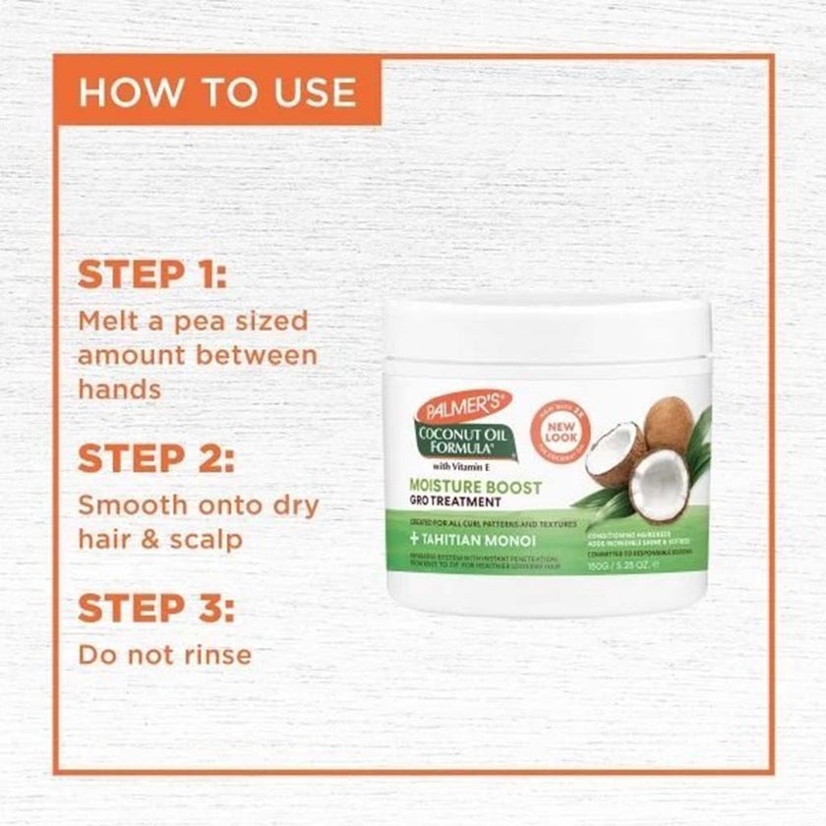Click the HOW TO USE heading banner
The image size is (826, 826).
[217, 91]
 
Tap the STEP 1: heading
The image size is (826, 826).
[153, 275]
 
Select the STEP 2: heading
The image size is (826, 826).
[155, 458]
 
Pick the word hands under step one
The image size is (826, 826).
[119, 388]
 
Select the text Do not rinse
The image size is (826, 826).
[164, 654]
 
